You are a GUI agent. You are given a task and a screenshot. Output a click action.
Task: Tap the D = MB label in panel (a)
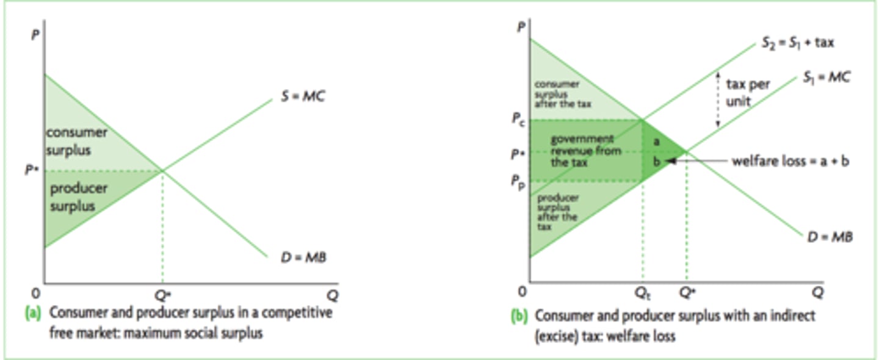point(303,257)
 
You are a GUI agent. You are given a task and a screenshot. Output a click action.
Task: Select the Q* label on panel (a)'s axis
point(162,295)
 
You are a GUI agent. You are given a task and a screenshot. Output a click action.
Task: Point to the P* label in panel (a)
point(32,170)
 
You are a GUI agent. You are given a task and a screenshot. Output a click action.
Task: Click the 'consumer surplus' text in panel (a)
point(76,141)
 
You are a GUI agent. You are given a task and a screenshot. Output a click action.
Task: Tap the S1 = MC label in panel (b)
point(826,77)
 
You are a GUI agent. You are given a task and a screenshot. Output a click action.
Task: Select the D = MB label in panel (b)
point(830,237)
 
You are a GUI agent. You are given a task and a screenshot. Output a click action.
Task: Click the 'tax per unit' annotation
point(748,93)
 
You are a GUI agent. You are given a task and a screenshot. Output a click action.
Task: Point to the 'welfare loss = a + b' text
point(790,161)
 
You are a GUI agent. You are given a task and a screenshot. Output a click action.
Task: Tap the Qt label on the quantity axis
point(642,294)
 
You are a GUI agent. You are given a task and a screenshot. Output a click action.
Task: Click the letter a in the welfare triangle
point(656,141)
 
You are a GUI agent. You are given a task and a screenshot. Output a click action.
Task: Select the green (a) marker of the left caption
point(32,314)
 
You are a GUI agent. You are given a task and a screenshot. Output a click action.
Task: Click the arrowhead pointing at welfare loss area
point(670,161)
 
